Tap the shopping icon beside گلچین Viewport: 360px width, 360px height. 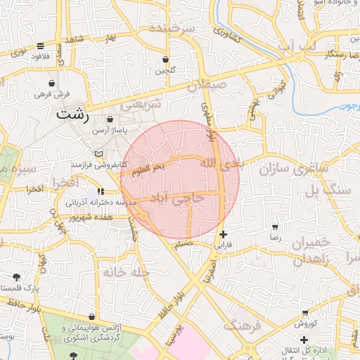165,60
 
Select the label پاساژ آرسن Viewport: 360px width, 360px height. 110,131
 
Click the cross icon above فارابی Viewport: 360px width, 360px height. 223,234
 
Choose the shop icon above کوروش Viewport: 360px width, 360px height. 305,313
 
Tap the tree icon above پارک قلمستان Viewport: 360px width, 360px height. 16,277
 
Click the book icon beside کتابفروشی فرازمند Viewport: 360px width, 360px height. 98,154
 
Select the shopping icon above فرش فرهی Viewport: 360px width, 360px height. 52,82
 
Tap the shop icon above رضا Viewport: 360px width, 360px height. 274,227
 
